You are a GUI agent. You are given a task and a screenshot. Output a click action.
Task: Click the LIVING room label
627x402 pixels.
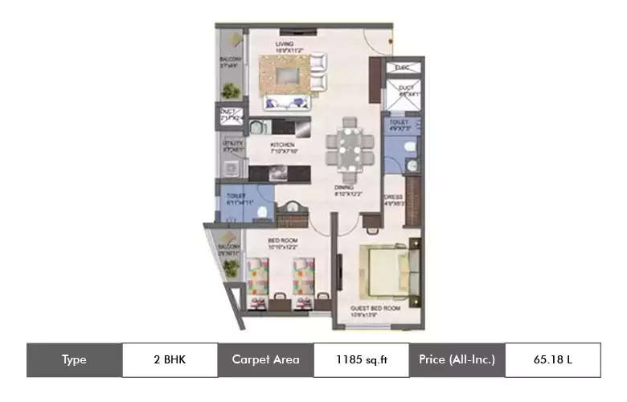pyautogui.click(x=284, y=44)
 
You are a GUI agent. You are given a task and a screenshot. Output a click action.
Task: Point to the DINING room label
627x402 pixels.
pyautogui.click(x=344, y=187)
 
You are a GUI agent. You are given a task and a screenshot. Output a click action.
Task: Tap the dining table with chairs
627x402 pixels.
pyautogui.click(x=350, y=147)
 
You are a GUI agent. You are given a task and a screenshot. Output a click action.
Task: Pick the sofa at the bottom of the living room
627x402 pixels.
pyautogui.click(x=289, y=102)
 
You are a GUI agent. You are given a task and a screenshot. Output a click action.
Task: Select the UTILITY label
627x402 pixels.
pyautogui.click(x=233, y=144)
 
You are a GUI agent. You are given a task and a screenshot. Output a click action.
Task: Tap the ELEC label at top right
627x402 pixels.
pyautogui.click(x=403, y=68)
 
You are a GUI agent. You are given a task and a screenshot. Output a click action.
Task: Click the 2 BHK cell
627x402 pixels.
pyautogui.click(x=170, y=360)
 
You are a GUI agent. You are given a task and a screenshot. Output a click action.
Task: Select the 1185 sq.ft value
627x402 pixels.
pyautogui.click(x=361, y=360)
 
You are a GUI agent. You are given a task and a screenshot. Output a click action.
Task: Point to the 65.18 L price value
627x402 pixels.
pyautogui.click(x=552, y=360)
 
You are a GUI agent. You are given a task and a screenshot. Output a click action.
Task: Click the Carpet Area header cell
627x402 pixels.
pyautogui.click(x=265, y=360)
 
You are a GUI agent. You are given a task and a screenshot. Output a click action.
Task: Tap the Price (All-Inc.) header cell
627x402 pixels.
pyautogui.click(x=457, y=360)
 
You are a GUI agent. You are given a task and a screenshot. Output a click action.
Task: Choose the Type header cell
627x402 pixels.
pyautogui.click(x=74, y=360)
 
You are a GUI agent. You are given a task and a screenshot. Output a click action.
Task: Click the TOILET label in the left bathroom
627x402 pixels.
pyautogui.click(x=236, y=195)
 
